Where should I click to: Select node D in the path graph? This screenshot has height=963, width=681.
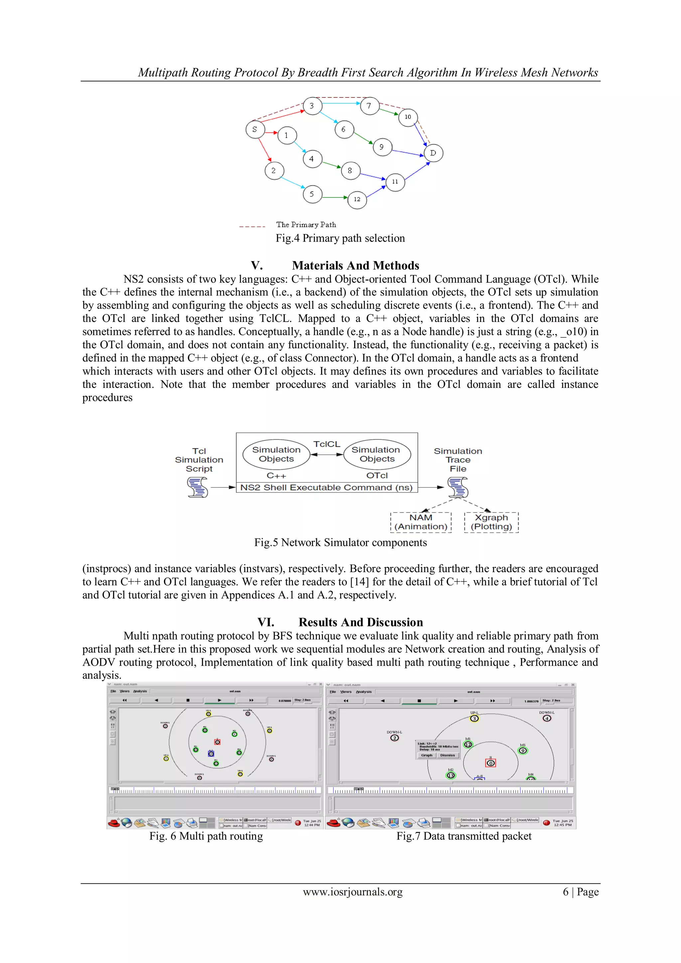(433, 153)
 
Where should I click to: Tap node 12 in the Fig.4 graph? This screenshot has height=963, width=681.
(357, 199)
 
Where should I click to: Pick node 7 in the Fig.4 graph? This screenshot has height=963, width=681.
(369, 106)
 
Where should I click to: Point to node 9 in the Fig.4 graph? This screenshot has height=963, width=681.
(382, 147)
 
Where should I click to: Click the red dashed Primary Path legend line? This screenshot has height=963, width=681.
(252, 227)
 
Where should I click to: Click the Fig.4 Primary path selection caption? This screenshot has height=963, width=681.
(340, 238)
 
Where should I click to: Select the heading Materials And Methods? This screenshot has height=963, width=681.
(355, 265)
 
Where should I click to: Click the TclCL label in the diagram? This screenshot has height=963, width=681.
(327, 444)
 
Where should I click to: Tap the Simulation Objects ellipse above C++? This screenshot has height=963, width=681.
(276, 454)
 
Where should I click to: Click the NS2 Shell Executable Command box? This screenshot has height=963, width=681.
(327, 487)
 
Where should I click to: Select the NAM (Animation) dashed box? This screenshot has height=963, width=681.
(421, 522)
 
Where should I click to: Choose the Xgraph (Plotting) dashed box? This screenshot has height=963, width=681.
(491, 522)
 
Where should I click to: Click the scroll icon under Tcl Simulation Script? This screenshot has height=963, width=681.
(198, 488)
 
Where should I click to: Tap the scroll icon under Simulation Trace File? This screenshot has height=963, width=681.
(458, 488)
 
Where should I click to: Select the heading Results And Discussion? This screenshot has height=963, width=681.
(361, 622)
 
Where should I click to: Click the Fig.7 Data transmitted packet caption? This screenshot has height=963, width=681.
(464, 836)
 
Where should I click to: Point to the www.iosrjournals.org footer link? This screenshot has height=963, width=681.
(353, 892)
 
